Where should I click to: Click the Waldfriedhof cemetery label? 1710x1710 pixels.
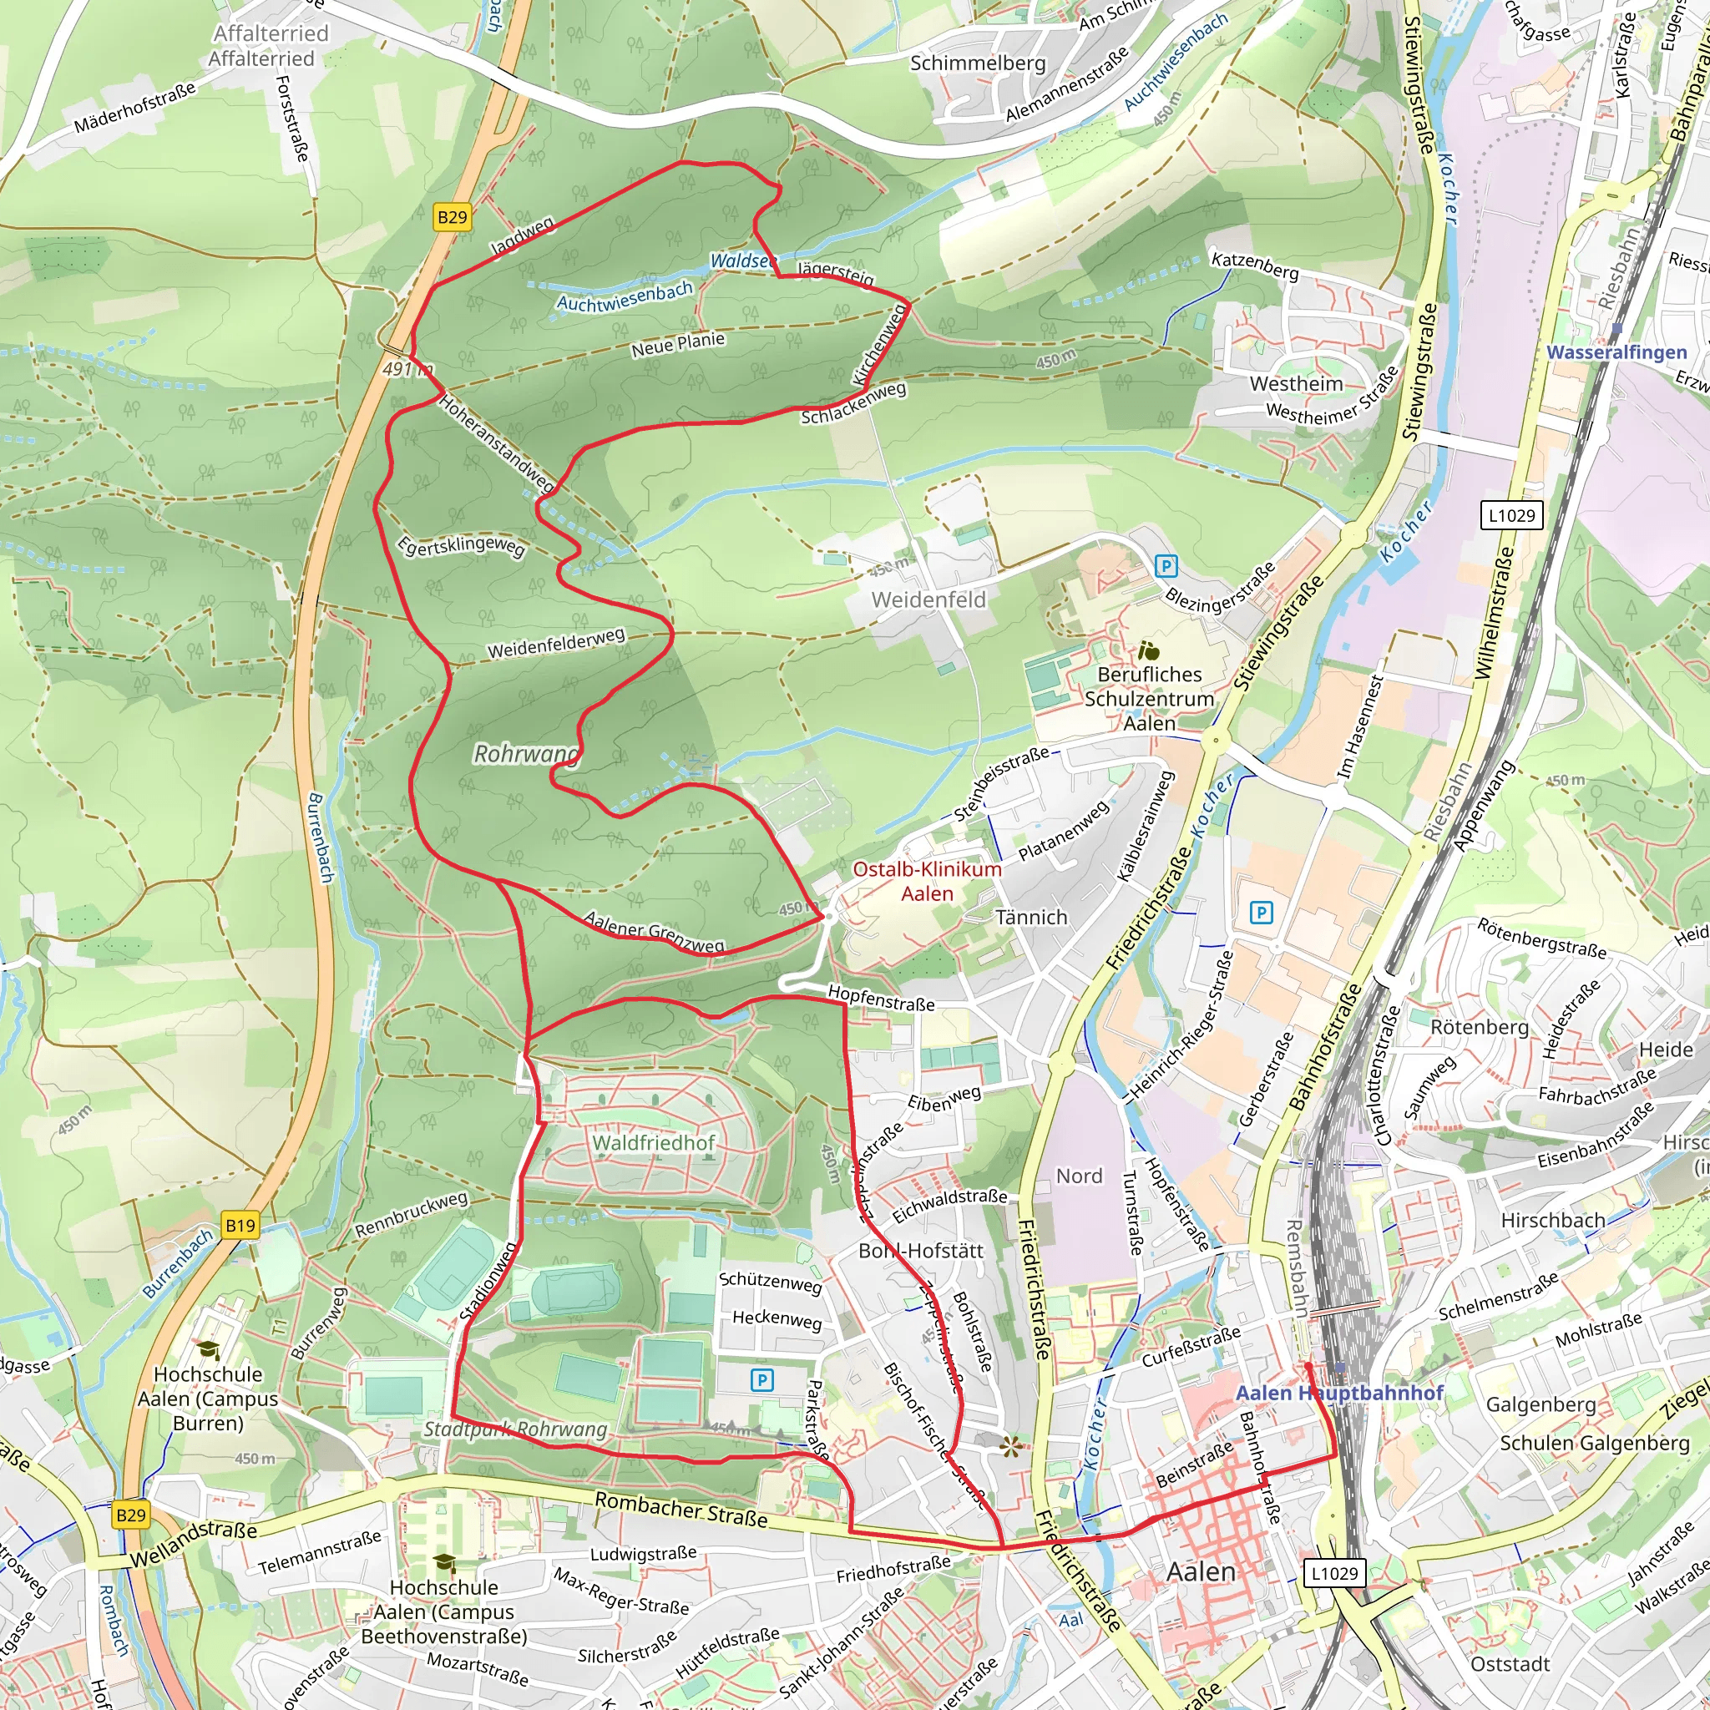tap(653, 1143)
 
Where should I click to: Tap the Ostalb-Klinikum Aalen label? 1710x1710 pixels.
tap(927, 881)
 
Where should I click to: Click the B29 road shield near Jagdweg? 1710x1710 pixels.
tap(452, 218)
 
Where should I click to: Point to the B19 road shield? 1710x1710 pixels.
tap(240, 1226)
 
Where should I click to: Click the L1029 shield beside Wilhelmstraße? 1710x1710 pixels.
tap(1512, 515)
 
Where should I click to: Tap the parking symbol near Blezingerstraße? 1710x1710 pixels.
tap(1166, 565)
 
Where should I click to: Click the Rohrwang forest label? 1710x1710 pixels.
tap(527, 754)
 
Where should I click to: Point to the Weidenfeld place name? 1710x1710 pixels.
tap(928, 600)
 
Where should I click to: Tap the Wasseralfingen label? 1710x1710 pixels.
tap(1616, 352)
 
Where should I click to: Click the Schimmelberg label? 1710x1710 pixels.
tap(978, 63)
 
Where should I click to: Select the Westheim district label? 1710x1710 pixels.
tap(1296, 383)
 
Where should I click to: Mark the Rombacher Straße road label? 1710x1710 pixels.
tap(680, 1509)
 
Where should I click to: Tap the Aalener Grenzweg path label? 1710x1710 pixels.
tap(654, 933)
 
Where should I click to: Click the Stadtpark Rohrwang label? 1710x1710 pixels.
tap(515, 1429)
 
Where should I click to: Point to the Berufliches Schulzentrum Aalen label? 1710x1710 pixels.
tap(1149, 698)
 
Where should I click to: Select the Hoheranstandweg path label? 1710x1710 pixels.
tap(497, 443)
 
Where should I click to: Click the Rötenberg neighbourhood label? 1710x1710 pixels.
tap(1479, 1028)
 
